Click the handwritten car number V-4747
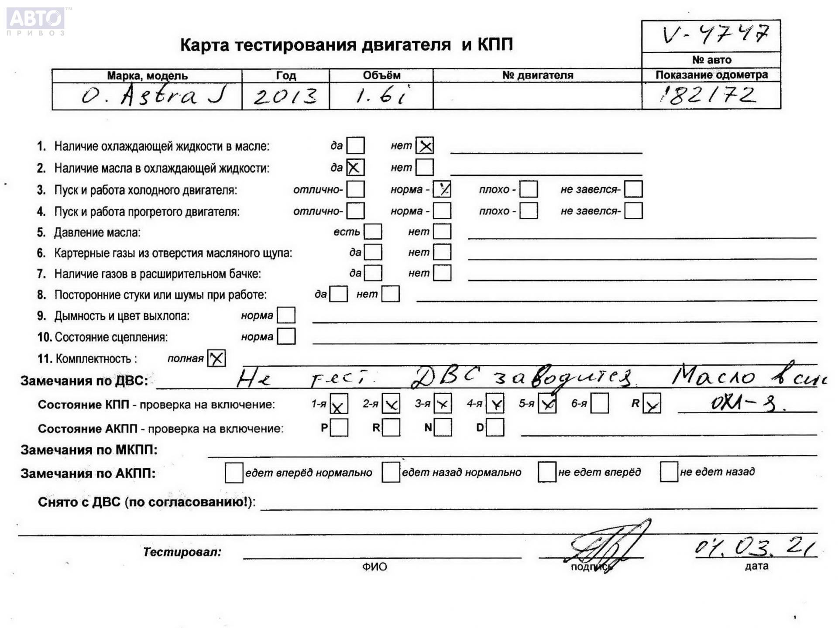715,35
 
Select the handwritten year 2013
285,96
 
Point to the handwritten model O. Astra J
154,95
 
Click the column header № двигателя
537,75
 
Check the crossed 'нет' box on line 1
425,146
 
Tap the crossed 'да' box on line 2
355,168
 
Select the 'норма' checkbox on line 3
442,189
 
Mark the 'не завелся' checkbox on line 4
633,211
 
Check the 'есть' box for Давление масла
373,232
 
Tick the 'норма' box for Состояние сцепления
286,336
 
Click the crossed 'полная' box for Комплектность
216,359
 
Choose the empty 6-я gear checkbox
599,404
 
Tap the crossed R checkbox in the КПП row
652,404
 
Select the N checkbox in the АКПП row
443,428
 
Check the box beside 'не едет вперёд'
547,472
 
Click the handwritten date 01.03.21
755,547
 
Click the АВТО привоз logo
36,21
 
